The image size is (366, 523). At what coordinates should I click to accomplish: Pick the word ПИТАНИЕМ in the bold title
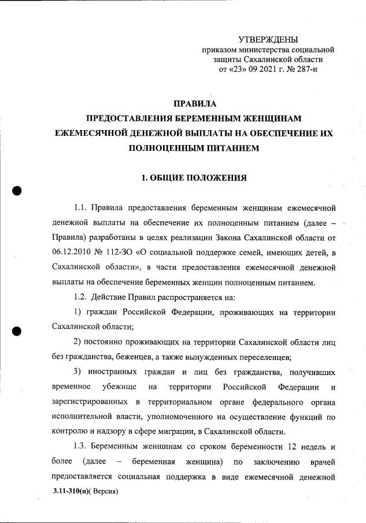click(x=227, y=148)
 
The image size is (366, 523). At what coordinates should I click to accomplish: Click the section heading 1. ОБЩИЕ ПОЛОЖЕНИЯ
click(x=194, y=177)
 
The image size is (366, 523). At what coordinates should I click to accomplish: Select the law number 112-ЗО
click(x=132, y=252)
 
